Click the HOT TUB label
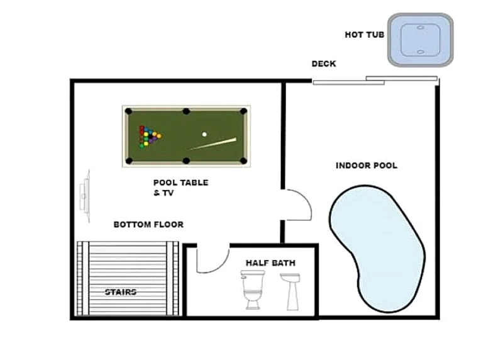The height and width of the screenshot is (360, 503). coord(365,35)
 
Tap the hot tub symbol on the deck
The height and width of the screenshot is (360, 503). coord(420,40)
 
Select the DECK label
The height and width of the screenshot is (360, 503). coord(324,64)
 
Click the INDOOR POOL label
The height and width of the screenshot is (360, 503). coord(367,166)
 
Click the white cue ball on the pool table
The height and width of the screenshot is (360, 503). coord(204,134)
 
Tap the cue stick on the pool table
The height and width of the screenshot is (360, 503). coord(213,144)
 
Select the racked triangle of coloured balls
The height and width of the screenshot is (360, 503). coord(150,137)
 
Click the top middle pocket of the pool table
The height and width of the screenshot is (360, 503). coord(186,111)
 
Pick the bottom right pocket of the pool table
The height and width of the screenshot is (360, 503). coord(243,160)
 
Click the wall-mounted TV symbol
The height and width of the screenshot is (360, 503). coord(85,195)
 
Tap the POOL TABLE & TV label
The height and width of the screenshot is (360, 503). coord(180,188)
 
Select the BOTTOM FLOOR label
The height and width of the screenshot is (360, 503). coord(148,224)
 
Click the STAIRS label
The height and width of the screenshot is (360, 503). coord(121,292)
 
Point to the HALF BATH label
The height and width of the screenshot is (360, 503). coord(270,263)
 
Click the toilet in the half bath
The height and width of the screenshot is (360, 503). coord(253,290)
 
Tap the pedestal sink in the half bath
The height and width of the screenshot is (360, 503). coord(290,291)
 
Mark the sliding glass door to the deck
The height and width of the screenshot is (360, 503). coord(375,81)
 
